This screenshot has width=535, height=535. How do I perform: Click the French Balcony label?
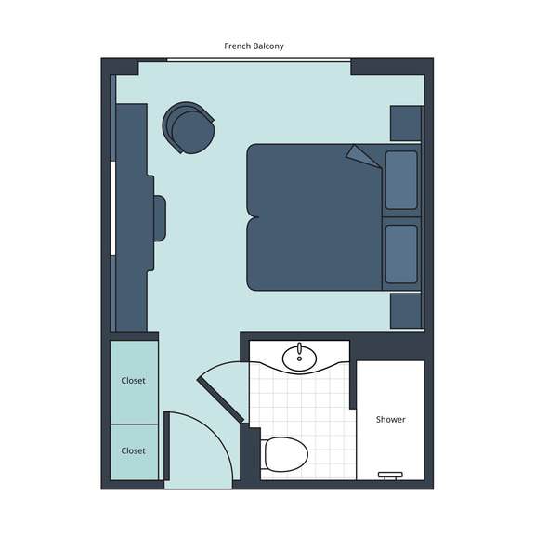(254, 46)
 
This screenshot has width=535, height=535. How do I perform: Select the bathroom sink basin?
(299, 358)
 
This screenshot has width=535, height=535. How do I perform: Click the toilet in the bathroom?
(284, 454)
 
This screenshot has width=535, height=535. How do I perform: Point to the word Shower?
(391, 419)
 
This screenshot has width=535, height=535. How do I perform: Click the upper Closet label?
(133, 381)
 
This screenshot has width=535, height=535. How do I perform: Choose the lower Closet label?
(133, 450)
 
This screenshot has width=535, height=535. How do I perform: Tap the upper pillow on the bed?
(401, 180)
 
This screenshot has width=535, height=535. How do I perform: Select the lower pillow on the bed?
(401, 254)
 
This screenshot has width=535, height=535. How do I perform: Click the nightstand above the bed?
(406, 124)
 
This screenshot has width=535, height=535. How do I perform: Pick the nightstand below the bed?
(406, 311)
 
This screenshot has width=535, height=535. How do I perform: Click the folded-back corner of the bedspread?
(362, 156)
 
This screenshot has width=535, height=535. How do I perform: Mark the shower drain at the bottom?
(390, 476)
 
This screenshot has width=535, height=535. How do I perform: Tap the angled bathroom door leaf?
(220, 400)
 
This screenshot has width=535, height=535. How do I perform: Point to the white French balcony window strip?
(258, 59)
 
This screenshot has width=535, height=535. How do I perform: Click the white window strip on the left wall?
(112, 208)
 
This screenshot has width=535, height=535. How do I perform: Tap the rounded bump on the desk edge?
(160, 218)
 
